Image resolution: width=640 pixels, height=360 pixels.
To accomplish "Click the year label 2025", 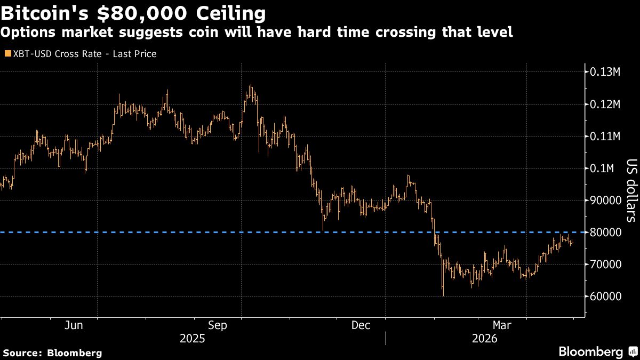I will click(193, 339).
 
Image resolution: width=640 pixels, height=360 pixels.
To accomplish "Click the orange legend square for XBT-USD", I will click(7, 54).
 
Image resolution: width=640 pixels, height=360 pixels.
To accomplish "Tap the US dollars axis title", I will click(631, 190).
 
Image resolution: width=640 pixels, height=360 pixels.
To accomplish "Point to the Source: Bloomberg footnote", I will click(52, 353).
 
